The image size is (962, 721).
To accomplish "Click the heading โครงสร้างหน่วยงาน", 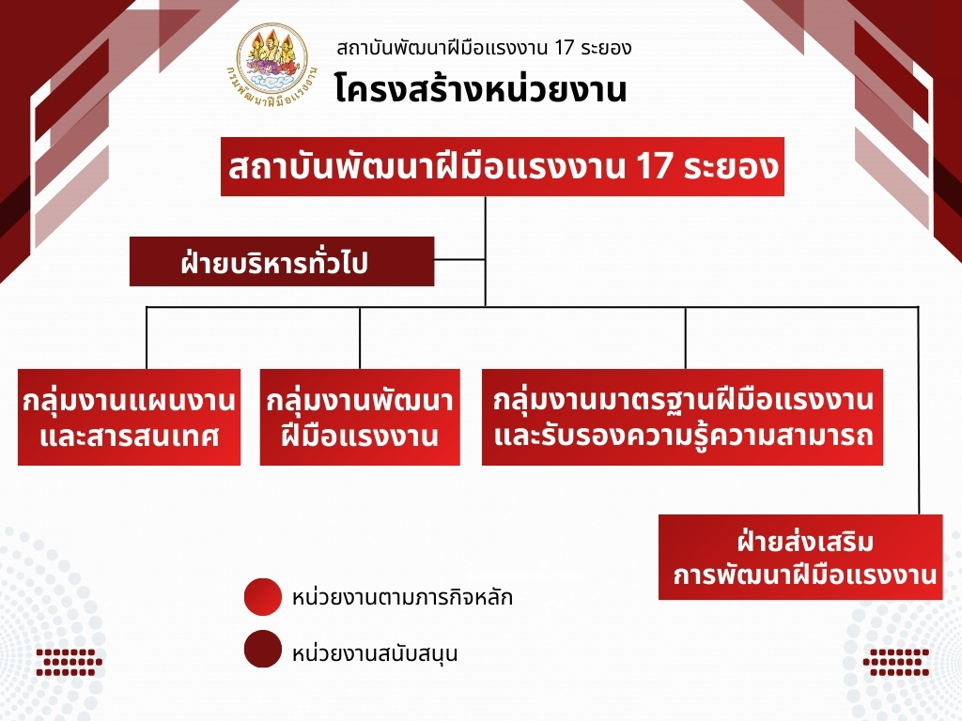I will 480,90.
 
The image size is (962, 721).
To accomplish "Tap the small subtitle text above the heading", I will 483,47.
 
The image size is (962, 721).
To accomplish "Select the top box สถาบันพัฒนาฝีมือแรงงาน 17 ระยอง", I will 503,168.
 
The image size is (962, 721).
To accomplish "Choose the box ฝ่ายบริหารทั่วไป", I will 282,262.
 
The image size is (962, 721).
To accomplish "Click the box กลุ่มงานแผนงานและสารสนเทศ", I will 130,418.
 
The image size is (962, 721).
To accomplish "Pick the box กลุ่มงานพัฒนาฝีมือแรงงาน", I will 360,418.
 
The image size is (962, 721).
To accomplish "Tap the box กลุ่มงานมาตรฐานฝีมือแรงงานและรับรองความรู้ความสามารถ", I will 683,418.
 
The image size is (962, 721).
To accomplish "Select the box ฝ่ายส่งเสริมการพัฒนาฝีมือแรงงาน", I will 800,557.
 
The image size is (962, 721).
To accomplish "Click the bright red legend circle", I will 263,597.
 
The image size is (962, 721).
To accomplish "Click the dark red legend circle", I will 263,649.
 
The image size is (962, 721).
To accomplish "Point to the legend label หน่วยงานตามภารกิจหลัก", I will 403,597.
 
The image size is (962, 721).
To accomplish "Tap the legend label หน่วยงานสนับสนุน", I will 376,652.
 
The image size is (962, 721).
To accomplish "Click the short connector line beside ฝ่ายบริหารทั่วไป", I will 459,259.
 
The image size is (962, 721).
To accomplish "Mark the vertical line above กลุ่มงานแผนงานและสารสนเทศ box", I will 147,338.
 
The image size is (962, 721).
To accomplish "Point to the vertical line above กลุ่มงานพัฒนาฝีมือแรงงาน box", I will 361,338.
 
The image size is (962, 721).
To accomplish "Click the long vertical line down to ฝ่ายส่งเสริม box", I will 918,413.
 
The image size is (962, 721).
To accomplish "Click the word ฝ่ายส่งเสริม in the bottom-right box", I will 807,543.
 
